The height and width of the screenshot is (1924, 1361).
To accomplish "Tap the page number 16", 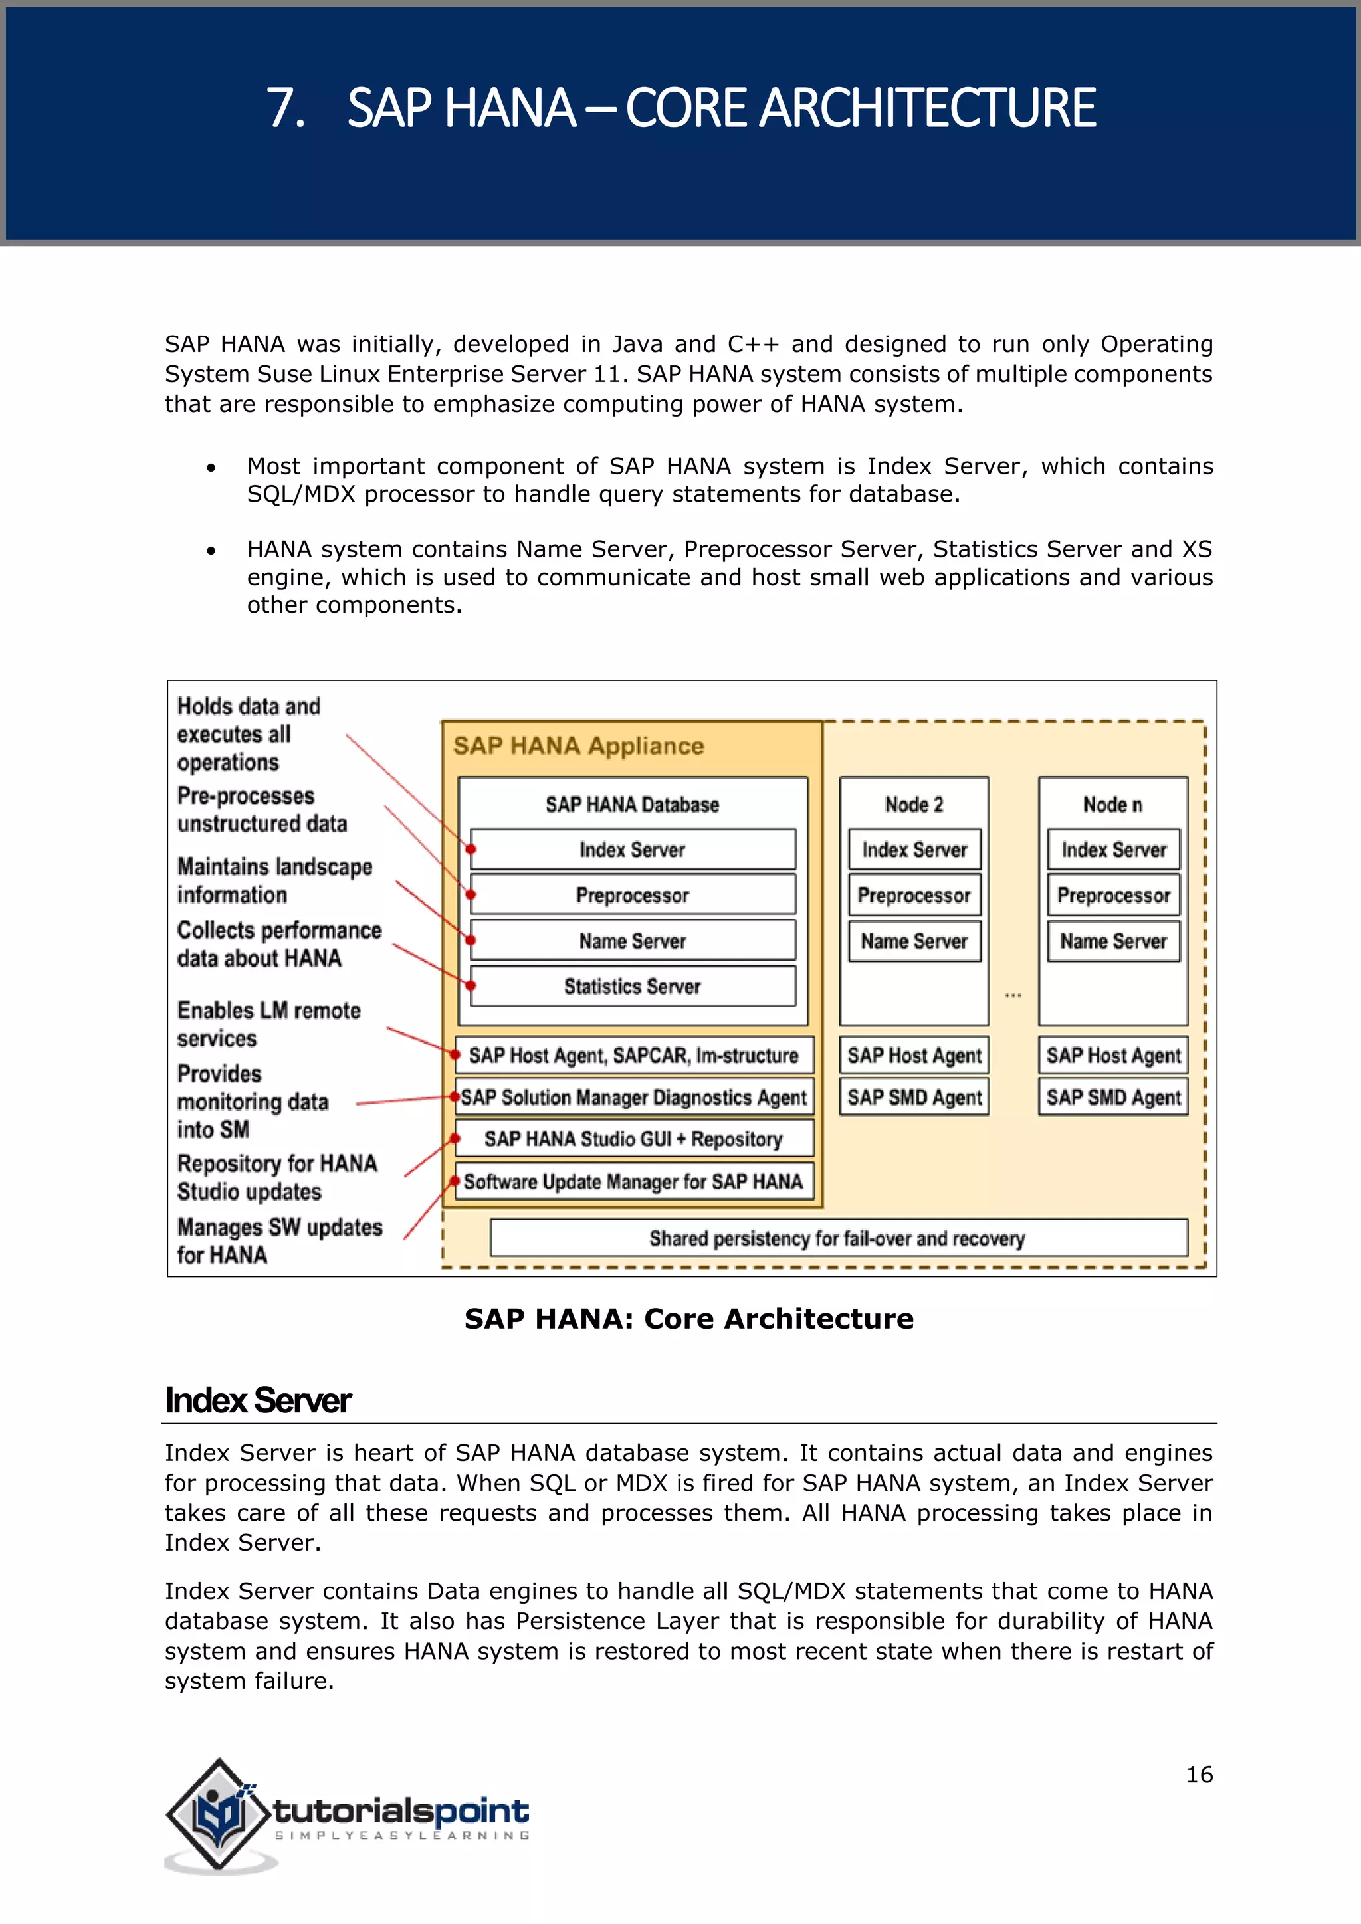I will [1198, 1774].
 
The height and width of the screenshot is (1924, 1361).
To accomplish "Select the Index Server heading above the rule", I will [258, 1401].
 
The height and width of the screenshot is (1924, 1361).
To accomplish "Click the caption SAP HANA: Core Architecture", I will [689, 1319].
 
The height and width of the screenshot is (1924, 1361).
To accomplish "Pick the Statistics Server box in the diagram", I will [633, 987].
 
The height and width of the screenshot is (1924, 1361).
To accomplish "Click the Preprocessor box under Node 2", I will [914, 895].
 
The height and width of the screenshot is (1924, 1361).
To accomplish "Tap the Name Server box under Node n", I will [1113, 941].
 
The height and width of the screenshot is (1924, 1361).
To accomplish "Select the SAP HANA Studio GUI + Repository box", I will [633, 1139].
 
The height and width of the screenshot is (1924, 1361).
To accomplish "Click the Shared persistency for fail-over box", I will [838, 1238].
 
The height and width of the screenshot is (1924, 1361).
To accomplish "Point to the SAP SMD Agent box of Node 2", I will [914, 1097].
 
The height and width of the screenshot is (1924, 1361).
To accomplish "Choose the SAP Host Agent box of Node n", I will [1113, 1055].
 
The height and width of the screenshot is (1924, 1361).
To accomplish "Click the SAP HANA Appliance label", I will [578, 746].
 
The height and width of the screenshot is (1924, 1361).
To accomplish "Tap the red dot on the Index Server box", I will [472, 850].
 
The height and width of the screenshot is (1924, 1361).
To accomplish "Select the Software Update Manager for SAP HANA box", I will [633, 1181].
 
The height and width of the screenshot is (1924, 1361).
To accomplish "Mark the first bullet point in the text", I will [211, 468].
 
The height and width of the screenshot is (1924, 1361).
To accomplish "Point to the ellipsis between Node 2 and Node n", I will [1013, 995].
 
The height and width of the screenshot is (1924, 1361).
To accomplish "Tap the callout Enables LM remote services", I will [268, 1024].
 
